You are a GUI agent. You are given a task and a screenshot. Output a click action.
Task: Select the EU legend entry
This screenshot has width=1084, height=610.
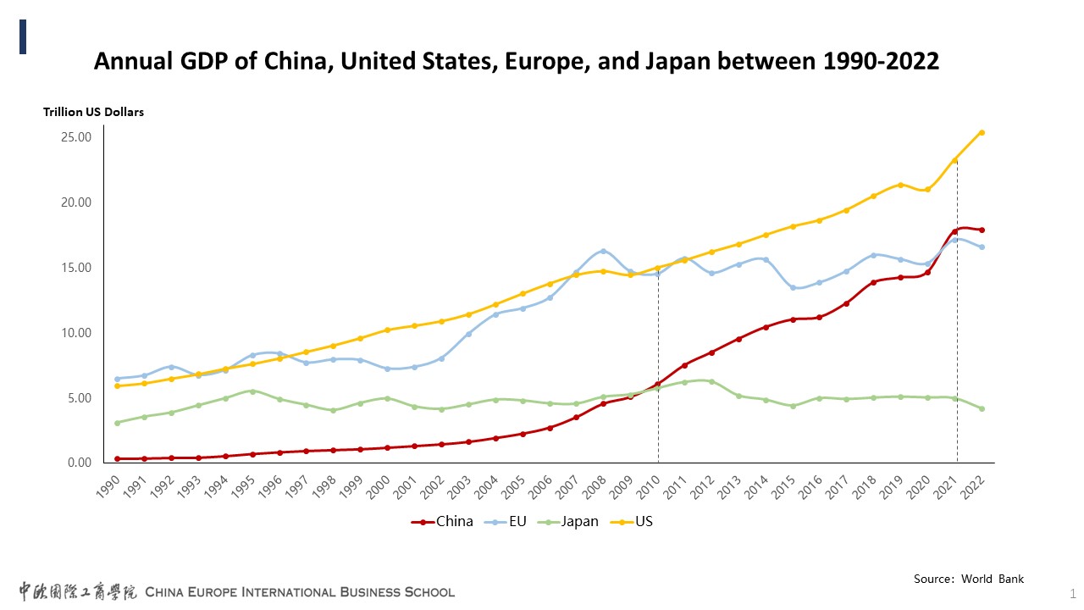pos(517,522)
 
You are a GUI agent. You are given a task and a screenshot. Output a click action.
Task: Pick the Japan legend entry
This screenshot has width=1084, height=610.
pos(579,522)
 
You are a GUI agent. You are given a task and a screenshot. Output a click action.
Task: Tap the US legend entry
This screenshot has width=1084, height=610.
pos(644,522)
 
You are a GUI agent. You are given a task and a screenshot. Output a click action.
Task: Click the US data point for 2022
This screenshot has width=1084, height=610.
pos(982,132)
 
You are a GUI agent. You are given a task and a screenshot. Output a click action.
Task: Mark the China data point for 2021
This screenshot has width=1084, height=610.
pos(954,231)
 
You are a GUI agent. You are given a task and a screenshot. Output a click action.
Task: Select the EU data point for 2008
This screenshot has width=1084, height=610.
pos(603,251)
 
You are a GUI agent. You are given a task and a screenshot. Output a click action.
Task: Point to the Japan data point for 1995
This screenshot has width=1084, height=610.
pos(252,391)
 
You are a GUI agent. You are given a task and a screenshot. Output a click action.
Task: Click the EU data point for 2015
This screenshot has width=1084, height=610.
pos(793,287)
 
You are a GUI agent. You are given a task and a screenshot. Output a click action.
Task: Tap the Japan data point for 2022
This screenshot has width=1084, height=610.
pos(982,408)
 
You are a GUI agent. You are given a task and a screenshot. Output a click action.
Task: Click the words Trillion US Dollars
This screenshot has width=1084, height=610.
pos(94,112)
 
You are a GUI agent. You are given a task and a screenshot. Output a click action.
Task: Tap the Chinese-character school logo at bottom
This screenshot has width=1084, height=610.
pos(78,591)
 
